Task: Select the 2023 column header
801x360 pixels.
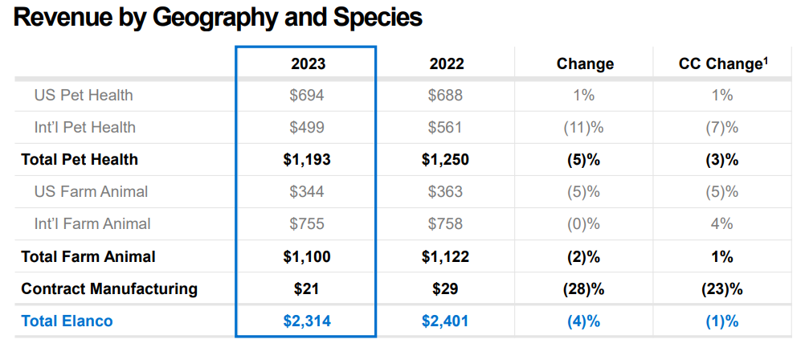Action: [x=308, y=64]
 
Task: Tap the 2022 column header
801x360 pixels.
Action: [x=446, y=64]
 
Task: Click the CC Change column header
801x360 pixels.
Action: [x=720, y=64]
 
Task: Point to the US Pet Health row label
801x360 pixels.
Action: [x=84, y=96]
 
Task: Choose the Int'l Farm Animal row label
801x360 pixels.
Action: [x=92, y=224]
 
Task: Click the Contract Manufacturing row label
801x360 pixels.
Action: [x=109, y=288]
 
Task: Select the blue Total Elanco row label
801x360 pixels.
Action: [x=67, y=321]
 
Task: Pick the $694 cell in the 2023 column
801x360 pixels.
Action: [x=307, y=96]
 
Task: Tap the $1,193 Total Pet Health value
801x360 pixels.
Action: [x=307, y=160]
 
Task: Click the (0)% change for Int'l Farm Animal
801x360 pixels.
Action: [x=584, y=224]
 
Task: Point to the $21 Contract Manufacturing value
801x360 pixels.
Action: [x=307, y=288]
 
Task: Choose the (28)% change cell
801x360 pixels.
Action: [x=584, y=288]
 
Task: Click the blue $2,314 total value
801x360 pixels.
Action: [x=307, y=321]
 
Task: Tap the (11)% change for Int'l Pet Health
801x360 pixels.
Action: [x=584, y=128]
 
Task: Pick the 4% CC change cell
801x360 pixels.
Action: [x=721, y=224]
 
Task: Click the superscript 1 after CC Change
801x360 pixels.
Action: [x=766, y=59]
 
